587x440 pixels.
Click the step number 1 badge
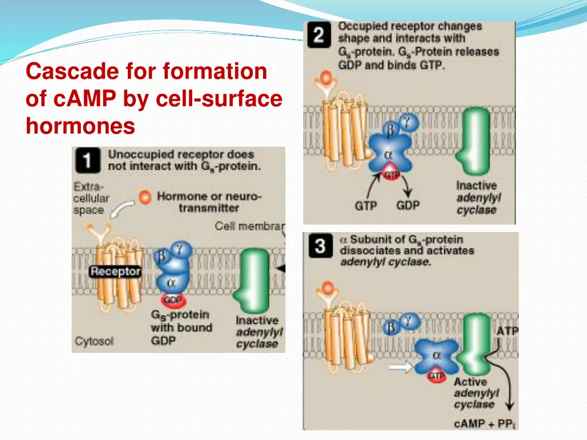pyautogui.click(x=88, y=160)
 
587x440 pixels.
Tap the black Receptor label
pyautogui.click(x=115, y=272)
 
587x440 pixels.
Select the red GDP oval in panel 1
pyautogui.click(x=173, y=300)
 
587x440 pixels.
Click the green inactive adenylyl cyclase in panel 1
pyautogui.click(x=252, y=280)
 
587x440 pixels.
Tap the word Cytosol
pyautogui.click(x=93, y=341)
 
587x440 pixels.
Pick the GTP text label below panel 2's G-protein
pyautogui.click(x=366, y=205)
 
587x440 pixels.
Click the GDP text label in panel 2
pyautogui.click(x=408, y=205)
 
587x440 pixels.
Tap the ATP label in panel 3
pyautogui.click(x=507, y=332)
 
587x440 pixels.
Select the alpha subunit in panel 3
pyautogui.click(x=437, y=356)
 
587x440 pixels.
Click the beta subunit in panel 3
pyautogui.click(x=392, y=327)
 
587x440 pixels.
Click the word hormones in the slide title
pyautogui.click(x=80, y=125)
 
